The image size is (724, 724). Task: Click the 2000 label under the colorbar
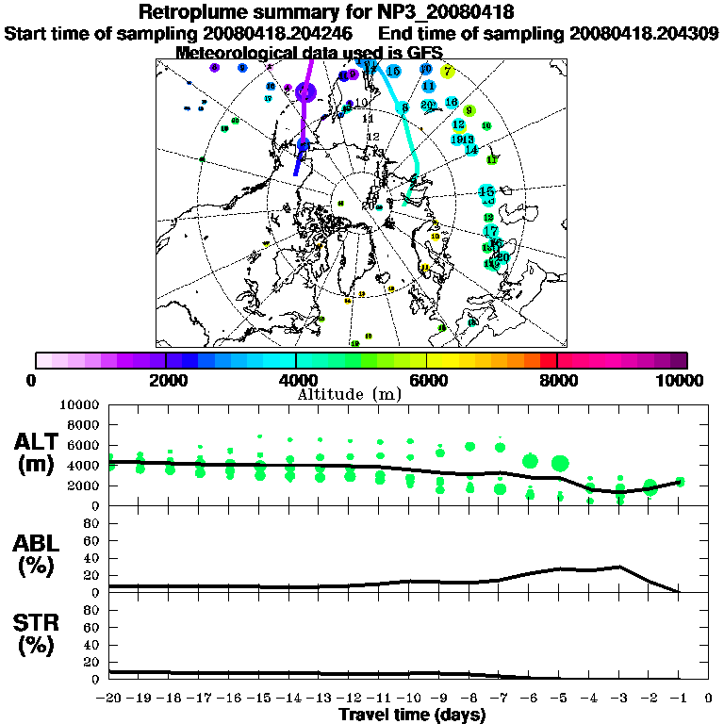[x=166, y=380]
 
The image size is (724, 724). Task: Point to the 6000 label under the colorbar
[x=427, y=380]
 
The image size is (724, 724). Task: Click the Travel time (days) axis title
[x=412, y=715]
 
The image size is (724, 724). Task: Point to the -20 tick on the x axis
[x=110, y=698]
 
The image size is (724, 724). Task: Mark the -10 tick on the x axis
[x=409, y=698]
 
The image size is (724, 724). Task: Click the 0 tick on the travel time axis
[x=709, y=698]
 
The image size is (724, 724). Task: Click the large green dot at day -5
[x=560, y=463]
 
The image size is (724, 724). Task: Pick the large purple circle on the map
[x=305, y=91]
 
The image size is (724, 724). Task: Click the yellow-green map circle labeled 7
[x=448, y=71]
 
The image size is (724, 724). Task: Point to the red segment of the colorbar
[x=549, y=360]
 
